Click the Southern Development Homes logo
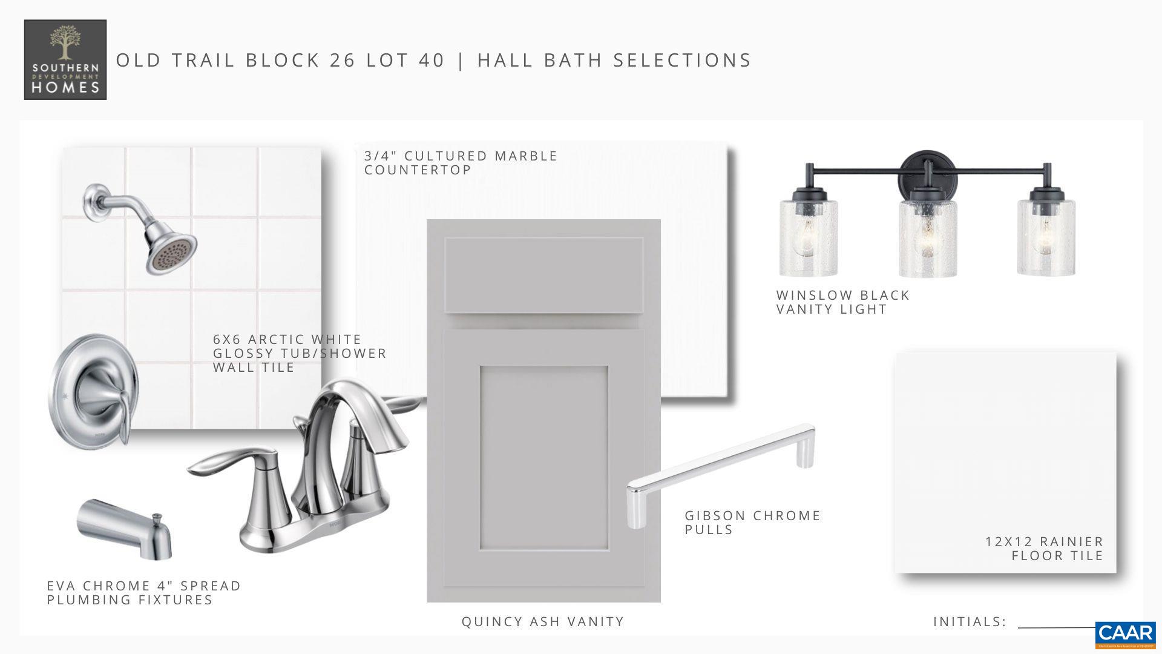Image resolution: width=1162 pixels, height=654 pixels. pyautogui.click(x=65, y=59)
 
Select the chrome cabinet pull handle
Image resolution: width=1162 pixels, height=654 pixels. pyautogui.click(x=720, y=475)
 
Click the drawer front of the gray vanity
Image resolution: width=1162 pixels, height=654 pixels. pyautogui.click(x=543, y=275)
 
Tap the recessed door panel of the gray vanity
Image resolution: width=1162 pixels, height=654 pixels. pyautogui.click(x=544, y=458)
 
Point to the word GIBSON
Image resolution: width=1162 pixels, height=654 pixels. pyautogui.click(x=715, y=515)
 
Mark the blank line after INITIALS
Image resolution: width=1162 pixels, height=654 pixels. pyautogui.click(x=1057, y=628)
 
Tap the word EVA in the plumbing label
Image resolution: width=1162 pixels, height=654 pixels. pyautogui.click(x=61, y=586)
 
